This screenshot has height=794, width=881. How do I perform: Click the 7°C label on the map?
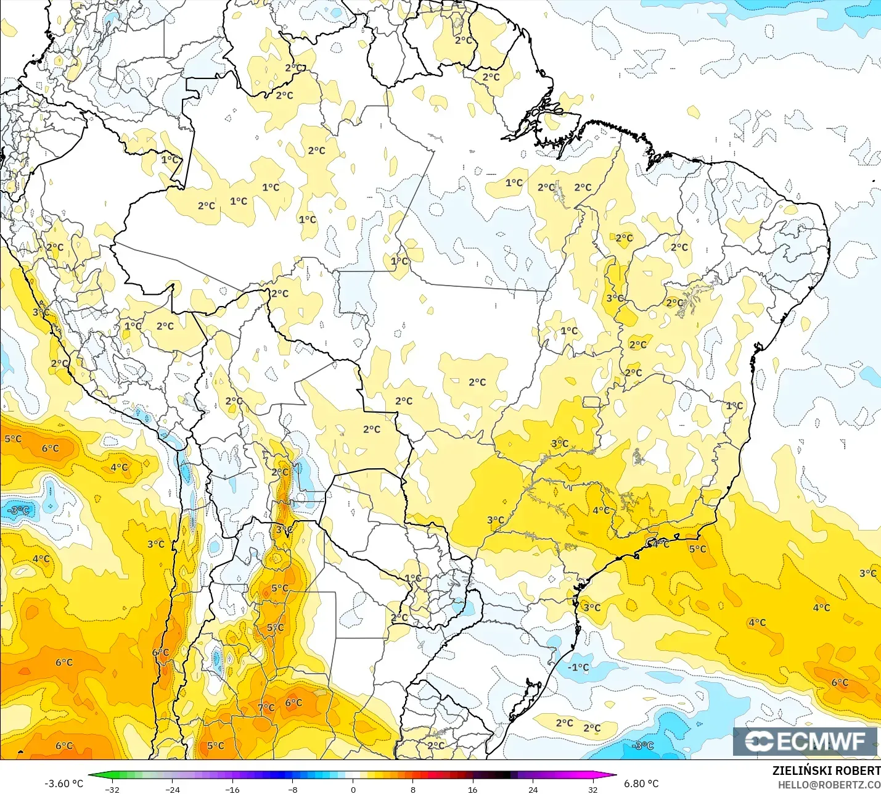(x=266, y=708)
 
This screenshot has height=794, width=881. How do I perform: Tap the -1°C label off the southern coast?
(x=578, y=667)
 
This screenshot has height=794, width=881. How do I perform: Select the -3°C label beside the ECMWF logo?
(x=642, y=745)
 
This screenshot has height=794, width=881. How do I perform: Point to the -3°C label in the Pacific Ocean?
(x=18, y=510)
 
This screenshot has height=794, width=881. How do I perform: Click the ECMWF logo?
(x=805, y=741)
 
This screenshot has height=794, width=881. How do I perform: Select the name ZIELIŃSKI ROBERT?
(x=826, y=771)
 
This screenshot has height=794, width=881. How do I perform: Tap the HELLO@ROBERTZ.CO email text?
(x=829, y=785)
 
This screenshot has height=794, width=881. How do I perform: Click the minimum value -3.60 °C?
(x=64, y=784)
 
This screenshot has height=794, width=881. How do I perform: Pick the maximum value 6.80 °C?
(x=641, y=784)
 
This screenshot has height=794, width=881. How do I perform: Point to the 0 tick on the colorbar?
(x=353, y=789)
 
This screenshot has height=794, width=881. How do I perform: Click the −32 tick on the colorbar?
(x=112, y=789)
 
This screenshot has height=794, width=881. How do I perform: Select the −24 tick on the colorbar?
(x=172, y=789)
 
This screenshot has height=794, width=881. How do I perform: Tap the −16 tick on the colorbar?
(x=232, y=789)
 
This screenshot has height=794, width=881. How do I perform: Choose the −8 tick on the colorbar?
(x=293, y=789)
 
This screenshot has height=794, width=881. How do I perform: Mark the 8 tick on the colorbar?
(x=413, y=789)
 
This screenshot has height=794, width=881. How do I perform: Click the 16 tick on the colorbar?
(x=473, y=789)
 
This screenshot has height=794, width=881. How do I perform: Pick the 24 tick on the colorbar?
(x=533, y=789)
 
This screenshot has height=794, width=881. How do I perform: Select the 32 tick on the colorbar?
(x=593, y=789)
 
